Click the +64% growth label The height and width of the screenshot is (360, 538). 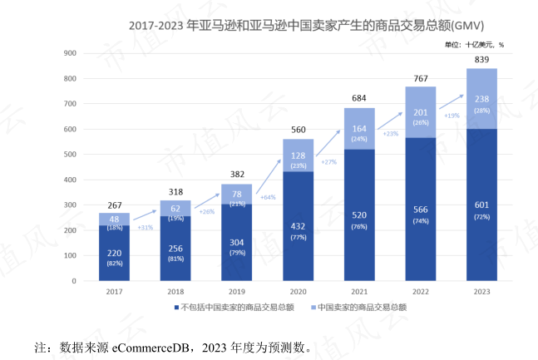coord(268,197)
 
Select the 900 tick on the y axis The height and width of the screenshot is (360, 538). coord(71,53)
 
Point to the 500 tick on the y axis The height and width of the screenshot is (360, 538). coord(71,155)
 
